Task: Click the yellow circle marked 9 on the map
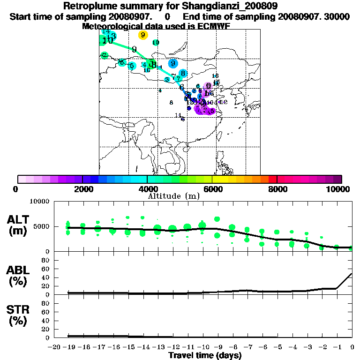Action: coord(143,35)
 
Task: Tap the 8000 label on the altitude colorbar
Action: coord(277,189)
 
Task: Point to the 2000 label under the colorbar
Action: coord(82,189)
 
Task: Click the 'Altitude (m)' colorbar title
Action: coord(173,196)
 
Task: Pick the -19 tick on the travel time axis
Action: coord(69,347)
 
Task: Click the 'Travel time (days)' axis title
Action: coord(205,355)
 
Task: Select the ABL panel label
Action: coord(18,270)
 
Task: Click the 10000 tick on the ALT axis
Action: coord(39,202)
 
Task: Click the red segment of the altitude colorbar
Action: coord(272,179)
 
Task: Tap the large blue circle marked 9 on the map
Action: coord(173,64)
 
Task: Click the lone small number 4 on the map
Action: coord(160,90)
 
